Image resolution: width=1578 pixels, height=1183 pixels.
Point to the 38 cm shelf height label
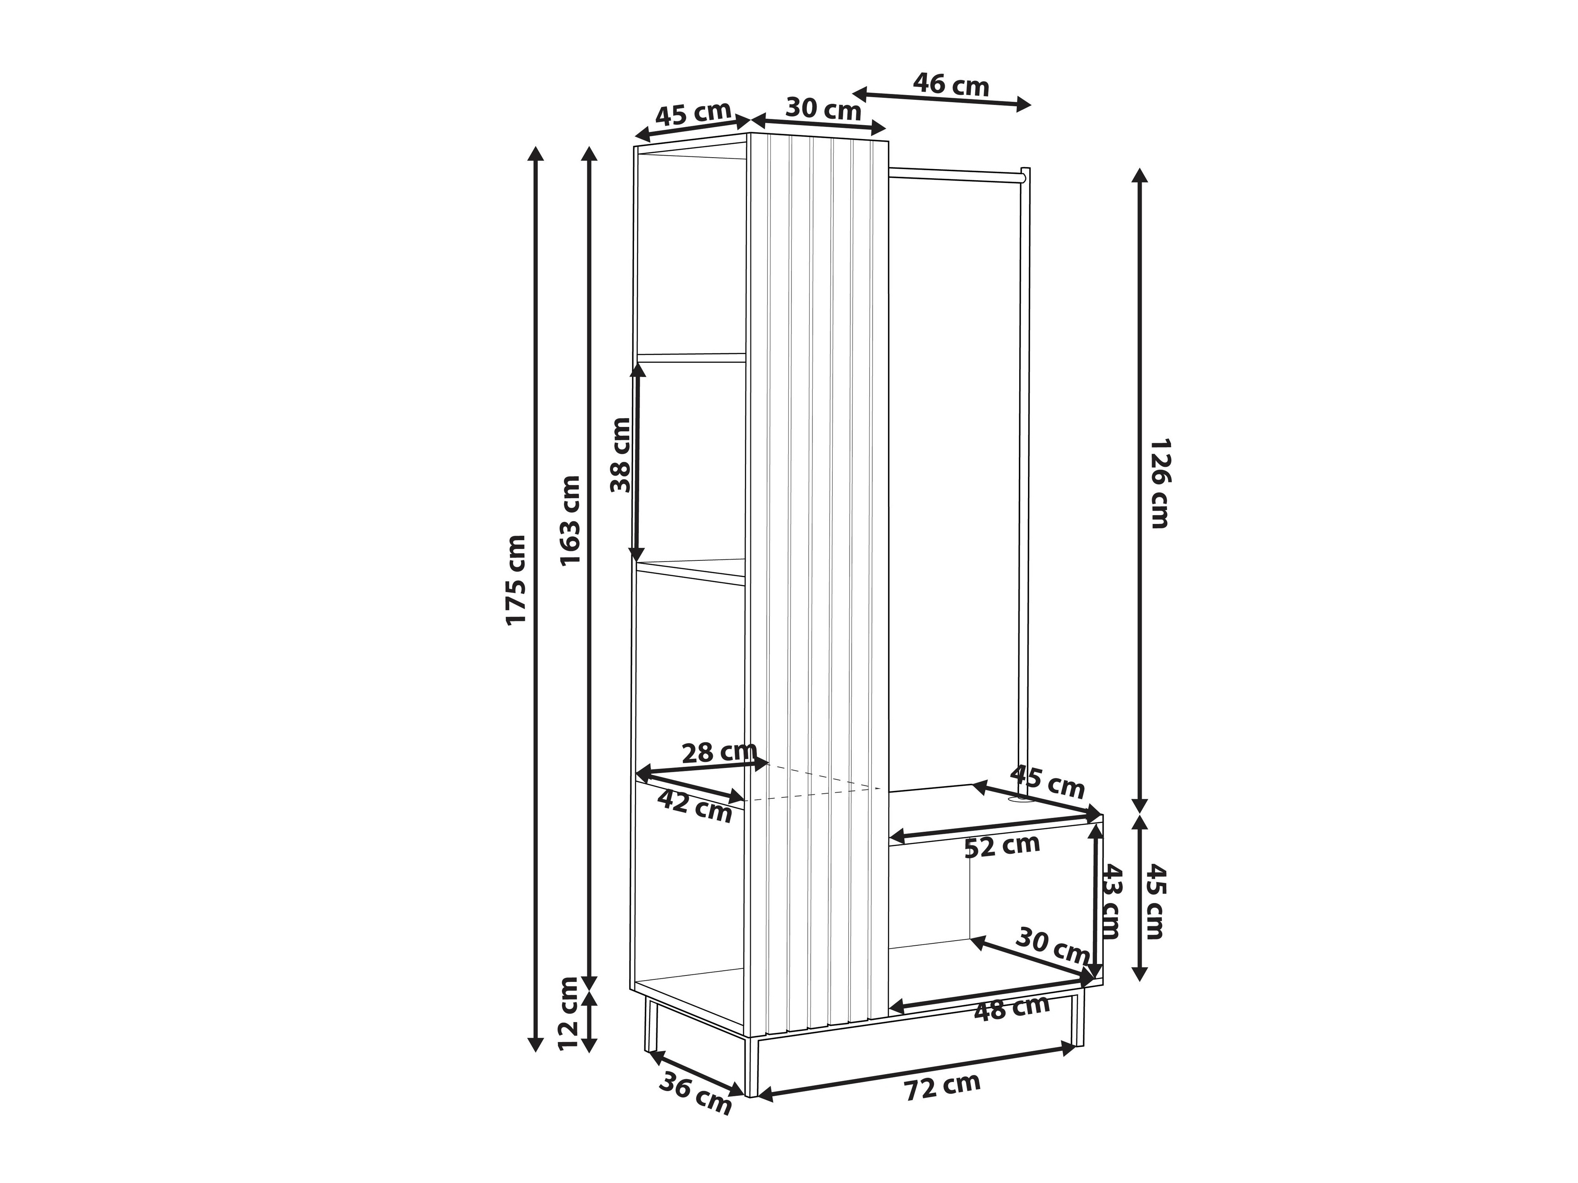click(621, 455)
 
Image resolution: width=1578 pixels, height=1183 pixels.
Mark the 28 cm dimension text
click(718, 752)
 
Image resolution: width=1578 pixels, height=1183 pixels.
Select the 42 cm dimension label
click(695, 806)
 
